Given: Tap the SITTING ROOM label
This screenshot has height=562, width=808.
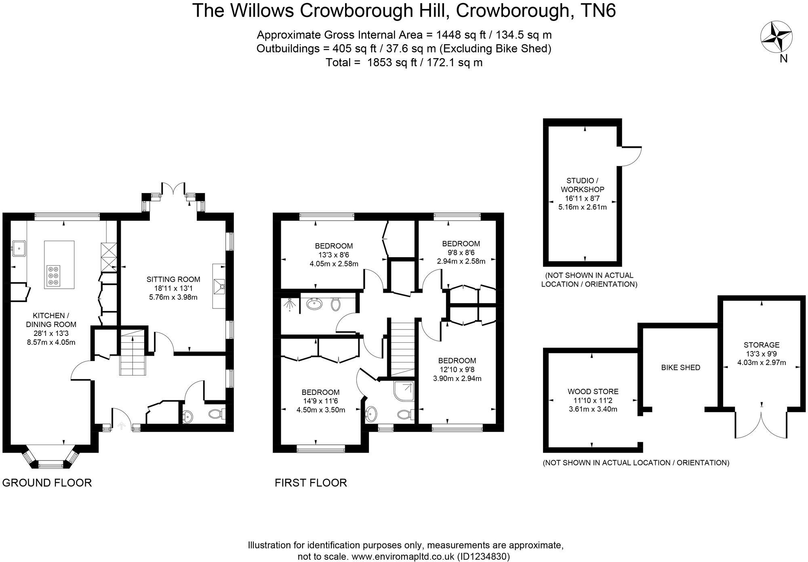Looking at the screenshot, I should pyautogui.click(x=173, y=279).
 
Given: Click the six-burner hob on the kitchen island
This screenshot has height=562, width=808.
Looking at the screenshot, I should pyautogui.click(x=53, y=276).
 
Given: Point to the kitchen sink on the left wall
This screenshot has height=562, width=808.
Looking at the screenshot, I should pyautogui.click(x=18, y=247).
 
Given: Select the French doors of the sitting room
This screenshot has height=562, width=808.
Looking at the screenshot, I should pyautogui.click(x=174, y=189).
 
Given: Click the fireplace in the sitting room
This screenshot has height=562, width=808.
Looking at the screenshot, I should pyautogui.click(x=220, y=287).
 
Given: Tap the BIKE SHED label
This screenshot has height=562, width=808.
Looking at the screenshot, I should pyautogui.click(x=680, y=367).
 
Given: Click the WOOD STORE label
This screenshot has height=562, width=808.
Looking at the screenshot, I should pyautogui.click(x=593, y=391).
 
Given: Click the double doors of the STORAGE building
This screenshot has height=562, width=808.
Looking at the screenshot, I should pyautogui.click(x=761, y=424).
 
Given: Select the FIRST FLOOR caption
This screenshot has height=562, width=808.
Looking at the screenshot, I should pyautogui.click(x=311, y=482).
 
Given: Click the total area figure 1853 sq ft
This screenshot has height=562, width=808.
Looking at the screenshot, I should pyautogui.click(x=404, y=63).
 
